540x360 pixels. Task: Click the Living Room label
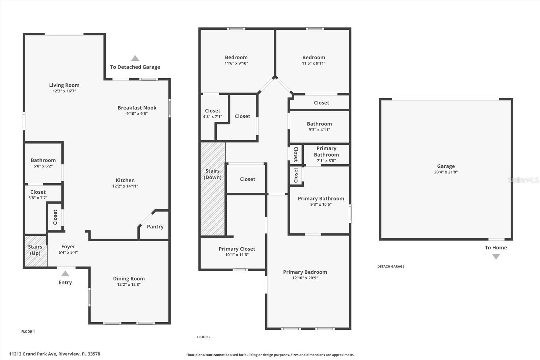pos(64,85)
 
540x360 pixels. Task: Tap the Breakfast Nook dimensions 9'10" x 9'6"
pos(137,114)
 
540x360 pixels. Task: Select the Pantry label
pos(155,226)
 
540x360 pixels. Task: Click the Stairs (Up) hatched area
pos(36,251)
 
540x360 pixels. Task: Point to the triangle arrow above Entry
pos(65,274)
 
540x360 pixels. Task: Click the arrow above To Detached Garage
pos(135,58)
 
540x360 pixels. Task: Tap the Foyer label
pos(68,247)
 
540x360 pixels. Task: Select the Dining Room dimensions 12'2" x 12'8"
pos(129,284)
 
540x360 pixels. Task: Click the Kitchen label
pos(125,180)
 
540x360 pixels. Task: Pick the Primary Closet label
pos(237,249)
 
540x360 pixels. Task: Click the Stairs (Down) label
pos(212,174)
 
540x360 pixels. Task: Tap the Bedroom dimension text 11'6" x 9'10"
pos(236,63)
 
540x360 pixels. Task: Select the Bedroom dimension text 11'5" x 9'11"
pos(314,63)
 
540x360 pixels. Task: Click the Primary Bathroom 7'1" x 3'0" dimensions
pos(326,161)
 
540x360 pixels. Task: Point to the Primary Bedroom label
pos(305,272)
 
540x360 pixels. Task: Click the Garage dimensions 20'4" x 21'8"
pos(446,172)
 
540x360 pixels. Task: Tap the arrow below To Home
pos(496,257)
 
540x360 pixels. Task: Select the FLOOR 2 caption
pos(204,337)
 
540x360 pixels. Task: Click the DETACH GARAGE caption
pos(391,266)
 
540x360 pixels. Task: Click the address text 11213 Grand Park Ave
pos(33,354)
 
